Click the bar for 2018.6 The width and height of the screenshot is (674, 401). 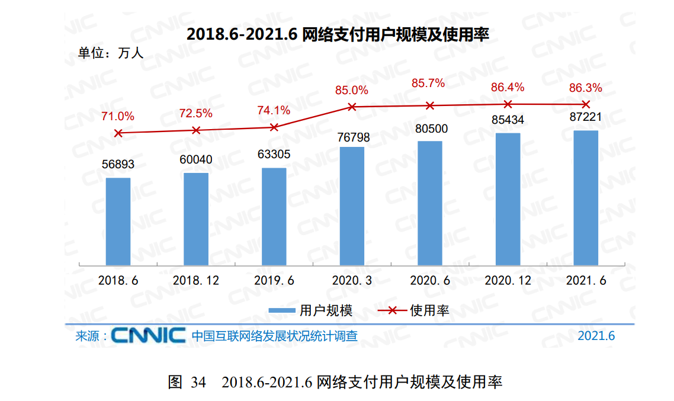(118, 221)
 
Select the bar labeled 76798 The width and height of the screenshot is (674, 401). (352, 206)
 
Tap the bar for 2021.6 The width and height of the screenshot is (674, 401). (586, 197)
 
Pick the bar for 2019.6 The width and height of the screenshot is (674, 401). (274, 216)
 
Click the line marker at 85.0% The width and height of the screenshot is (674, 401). (352, 107)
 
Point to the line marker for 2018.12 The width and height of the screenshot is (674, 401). (196, 130)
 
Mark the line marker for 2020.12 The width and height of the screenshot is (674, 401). (508, 104)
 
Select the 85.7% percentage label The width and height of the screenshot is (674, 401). (428, 84)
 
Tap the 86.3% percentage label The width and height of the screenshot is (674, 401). (585, 88)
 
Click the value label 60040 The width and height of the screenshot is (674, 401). (195, 159)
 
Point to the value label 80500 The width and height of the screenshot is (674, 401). (431, 129)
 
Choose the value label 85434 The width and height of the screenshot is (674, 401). (508, 120)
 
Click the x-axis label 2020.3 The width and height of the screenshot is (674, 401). (352, 281)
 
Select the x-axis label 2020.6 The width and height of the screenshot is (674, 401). (430, 281)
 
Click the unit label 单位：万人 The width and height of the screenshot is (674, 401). (111, 53)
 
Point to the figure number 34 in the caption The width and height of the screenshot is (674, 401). (198, 382)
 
